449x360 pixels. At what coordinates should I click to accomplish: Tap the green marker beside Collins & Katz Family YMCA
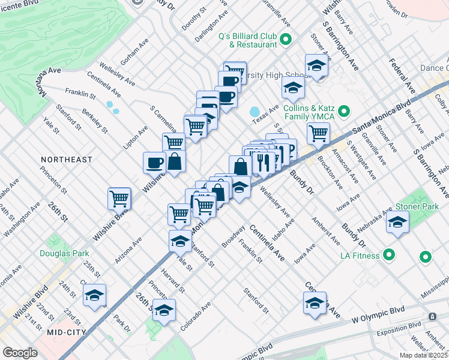pos(344,111)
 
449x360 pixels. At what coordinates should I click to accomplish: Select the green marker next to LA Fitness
pos(389,256)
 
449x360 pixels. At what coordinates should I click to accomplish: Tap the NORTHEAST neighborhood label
pos(67,160)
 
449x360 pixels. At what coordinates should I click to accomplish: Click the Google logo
pos(20,353)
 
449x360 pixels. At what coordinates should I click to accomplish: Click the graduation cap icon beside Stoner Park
pos(397,221)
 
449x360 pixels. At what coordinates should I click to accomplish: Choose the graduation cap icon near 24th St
pos(94,295)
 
